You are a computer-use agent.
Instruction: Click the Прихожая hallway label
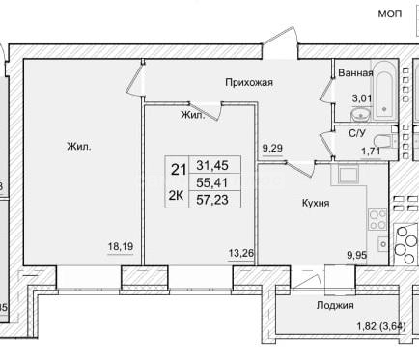(249, 83)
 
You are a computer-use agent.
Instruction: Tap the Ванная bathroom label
(355, 73)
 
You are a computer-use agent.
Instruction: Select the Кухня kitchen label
(316, 204)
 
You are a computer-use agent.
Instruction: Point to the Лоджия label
(335, 305)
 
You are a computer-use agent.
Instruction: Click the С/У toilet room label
(357, 133)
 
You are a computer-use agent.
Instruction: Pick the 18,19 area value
(121, 247)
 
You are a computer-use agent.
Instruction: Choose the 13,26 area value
(241, 253)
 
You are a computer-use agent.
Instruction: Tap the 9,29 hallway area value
(272, 149)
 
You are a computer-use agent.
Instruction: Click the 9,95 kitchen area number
(356, 256)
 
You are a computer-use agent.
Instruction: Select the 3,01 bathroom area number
(362, 98)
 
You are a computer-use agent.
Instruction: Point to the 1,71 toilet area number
(371, 151)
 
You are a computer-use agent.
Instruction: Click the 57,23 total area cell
(212, 200)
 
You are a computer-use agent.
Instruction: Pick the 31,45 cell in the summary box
(212, 165)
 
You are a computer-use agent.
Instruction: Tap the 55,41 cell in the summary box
(212, 182)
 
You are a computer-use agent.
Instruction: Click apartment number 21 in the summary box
(179, 170)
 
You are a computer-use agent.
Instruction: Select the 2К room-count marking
(177, 195)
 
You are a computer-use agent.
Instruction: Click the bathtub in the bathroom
(384, 91)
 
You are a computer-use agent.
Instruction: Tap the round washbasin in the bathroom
(360, 115)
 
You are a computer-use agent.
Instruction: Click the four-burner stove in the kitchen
(377, 219)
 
